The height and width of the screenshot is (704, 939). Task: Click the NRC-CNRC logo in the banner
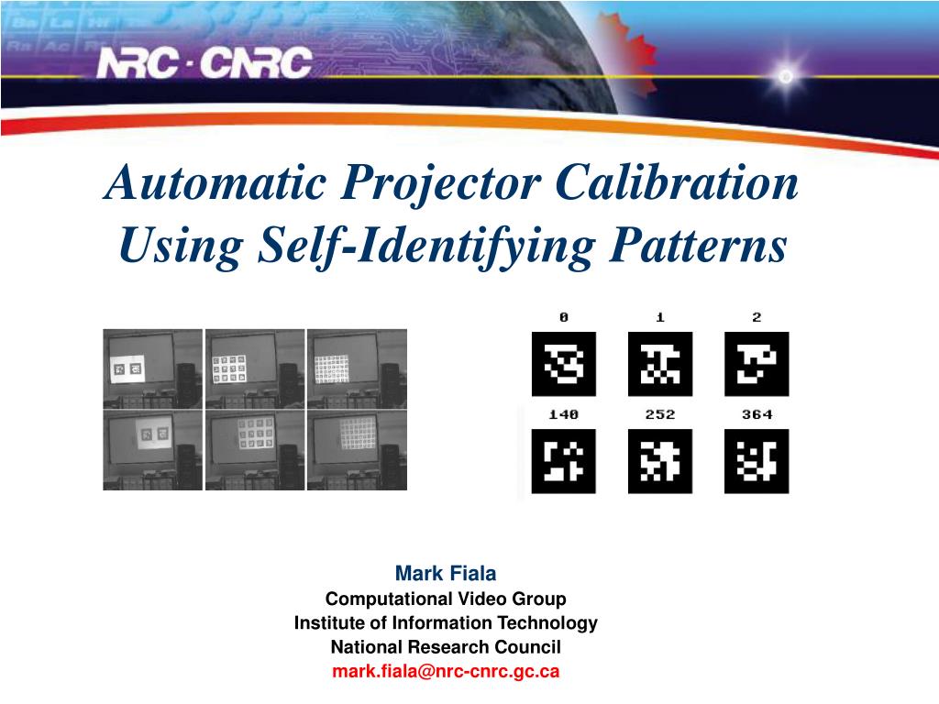point(205,63)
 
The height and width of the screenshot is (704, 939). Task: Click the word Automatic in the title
point(215,183)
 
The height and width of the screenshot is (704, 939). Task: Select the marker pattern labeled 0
point(563,364)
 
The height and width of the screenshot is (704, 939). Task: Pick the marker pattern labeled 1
point(660,364)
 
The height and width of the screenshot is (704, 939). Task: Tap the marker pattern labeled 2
point(757,364)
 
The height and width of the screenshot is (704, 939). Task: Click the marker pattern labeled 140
point(563,461)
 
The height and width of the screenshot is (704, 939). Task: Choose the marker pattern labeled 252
point(660,461)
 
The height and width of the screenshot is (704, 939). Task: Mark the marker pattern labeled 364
point(757,461)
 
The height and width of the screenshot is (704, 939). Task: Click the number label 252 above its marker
point(660,415)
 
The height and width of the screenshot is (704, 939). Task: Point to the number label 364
point(757,415)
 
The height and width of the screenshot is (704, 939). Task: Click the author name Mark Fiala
point(446,574)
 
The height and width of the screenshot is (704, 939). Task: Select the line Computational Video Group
point(446,599)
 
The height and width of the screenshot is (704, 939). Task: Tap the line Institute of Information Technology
point(446,623)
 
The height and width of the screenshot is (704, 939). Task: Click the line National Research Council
point(446,647)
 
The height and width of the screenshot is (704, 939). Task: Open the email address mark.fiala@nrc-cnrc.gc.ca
point(446,671)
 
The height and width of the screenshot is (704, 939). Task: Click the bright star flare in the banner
point(785,77)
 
